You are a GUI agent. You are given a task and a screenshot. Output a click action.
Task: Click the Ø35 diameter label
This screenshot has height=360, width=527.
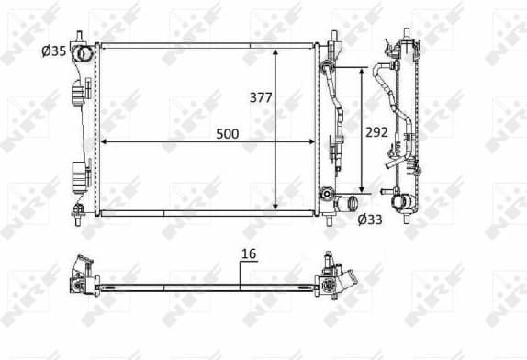point(54,51)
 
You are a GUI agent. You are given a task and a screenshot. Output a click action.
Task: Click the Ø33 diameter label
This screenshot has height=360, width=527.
point(369,218)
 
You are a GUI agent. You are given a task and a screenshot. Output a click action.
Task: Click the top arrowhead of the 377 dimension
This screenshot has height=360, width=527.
point(276,50)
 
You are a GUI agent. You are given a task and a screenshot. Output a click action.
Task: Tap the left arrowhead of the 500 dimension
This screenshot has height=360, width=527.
point(104,141)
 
